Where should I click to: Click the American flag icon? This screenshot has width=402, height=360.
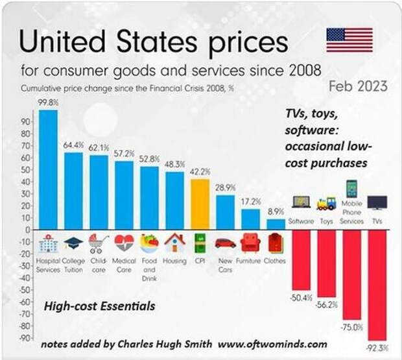tap(349, 40)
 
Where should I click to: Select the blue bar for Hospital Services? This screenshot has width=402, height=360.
tap(47, 169)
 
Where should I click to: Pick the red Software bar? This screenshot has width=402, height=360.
tap(301, 259)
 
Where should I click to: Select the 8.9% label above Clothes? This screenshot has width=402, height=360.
tap(276, 211)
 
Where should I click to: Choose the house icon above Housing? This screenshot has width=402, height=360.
tap(174, 243)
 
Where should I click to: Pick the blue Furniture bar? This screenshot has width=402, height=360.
tap(250, 219)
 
